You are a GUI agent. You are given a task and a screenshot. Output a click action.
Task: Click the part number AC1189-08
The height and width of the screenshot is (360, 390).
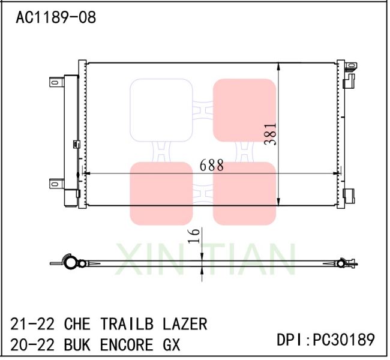coord(55,18)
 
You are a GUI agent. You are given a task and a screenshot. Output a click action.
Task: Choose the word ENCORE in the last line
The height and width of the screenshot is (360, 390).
coord(124,345)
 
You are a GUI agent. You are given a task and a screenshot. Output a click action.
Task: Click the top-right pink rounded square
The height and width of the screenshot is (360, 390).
coord(244,110)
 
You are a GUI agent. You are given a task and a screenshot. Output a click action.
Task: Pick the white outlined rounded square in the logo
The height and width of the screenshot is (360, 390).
coord(161,110)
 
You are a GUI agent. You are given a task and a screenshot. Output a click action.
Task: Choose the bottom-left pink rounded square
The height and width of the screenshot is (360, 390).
coord(161,193)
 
